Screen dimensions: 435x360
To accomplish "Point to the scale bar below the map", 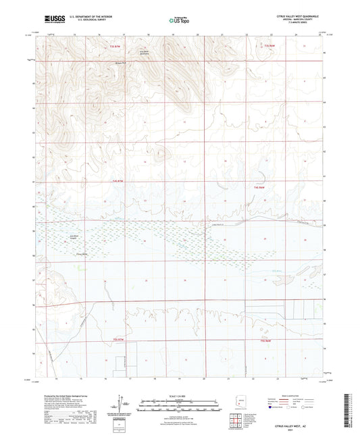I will (x=179, y=404).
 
